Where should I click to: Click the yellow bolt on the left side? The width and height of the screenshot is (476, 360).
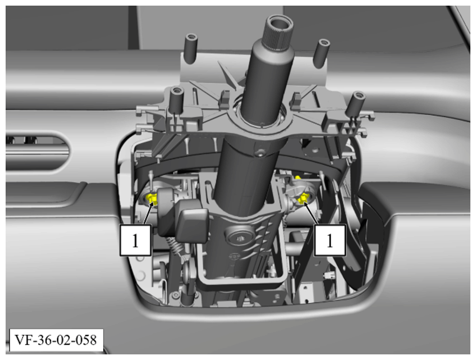[x=152, y=199]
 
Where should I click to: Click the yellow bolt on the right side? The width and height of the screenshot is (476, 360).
[x=302, y=199]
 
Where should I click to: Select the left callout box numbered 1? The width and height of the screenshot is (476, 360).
[x=136, y=240]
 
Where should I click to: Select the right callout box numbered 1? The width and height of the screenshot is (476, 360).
[x=330, y=240]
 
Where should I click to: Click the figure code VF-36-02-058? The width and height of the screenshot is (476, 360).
[x=56, y=339]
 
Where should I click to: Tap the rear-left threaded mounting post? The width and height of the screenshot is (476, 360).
[x=191, y=48]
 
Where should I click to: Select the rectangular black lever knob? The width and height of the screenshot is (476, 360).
[x=192, y=221]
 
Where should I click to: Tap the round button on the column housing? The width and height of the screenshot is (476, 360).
[x=239, y=236]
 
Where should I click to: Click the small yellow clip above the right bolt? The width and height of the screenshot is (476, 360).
[x=298, y=177]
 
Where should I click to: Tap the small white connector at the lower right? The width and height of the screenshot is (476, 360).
[x=329, y=275]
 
